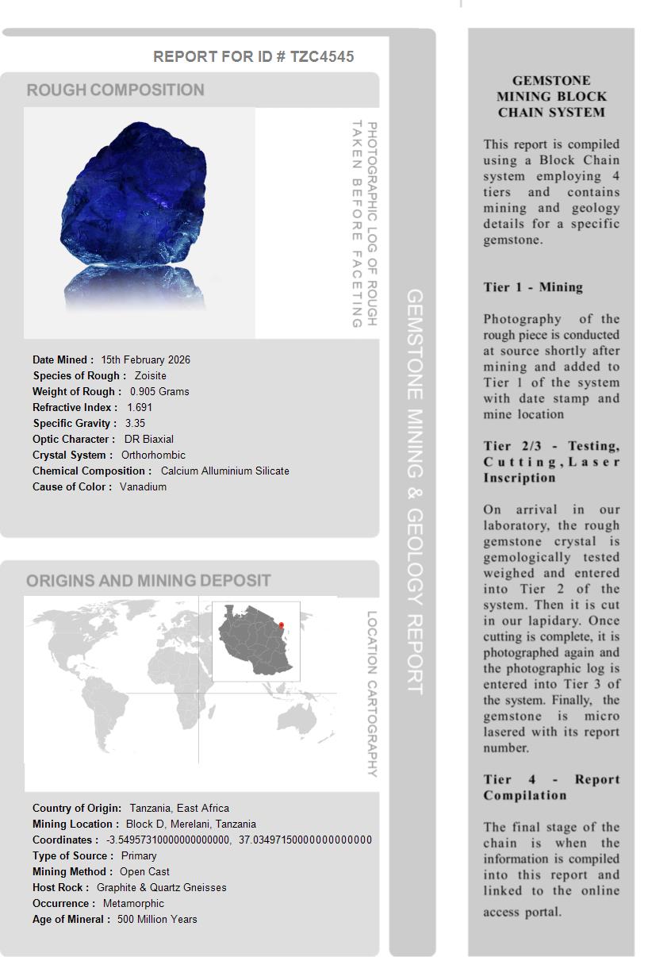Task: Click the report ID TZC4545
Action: pyautogui.click(x=322, y=56)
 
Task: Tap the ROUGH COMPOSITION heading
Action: pyautogui.click(x=116, y=90)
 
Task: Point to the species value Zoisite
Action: pyautogui.click(x=151, y=375)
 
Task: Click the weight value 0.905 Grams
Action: pyautogui.click(x=159, y=391)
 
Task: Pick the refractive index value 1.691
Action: pyautogui.click(x=140, y=407)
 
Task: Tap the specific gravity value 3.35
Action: pyautogui.click(x=135, y=423)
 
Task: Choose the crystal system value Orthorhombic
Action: pyautogui.click(x=153, y=455)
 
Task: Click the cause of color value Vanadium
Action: pyautogui.click(x=143, y=486)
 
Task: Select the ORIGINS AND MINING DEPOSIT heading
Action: pyautogui.click(x=148, y=580)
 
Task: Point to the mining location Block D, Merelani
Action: pyautogui.click(x=190, y=824)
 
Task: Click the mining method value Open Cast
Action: pyautogui.click(x=144, y=871)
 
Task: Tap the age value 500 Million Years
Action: pyautogui.click(x=157, y=919)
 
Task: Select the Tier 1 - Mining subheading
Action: pyautogui.click(x=533, y=287)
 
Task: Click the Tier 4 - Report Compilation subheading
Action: pyautogui.click(x=551, y=787)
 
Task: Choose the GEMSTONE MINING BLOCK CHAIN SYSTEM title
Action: pyautogui.click(x=551, y=96)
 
